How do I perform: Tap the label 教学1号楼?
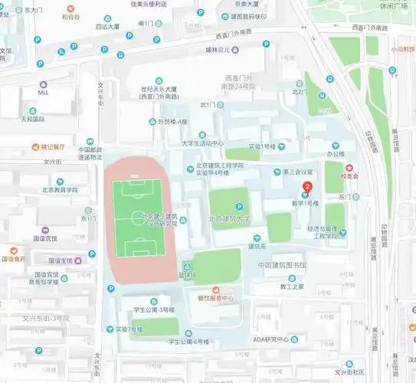[x=303, y=203]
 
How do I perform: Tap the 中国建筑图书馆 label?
[x=282, y=265]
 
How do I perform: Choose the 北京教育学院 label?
[x=61, y=190]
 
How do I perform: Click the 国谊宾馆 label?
[x=47, y=238]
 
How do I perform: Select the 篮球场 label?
[x=188, y=274]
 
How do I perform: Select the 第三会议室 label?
[x=298, y=172]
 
